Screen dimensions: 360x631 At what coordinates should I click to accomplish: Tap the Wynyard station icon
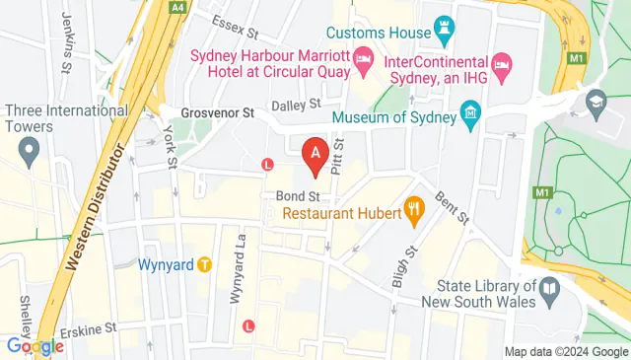coord(204,264)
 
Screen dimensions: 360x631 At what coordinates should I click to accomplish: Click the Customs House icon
coord(440,32)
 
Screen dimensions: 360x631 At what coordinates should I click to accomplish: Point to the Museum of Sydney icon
coord(470,119)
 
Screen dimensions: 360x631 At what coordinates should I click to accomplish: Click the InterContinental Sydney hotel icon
coord(501,66)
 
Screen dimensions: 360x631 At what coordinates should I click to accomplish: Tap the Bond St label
coord(294,195)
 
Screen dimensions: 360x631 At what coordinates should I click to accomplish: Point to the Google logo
coord(35,345)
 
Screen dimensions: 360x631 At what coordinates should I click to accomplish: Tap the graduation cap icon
coord(596,102)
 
